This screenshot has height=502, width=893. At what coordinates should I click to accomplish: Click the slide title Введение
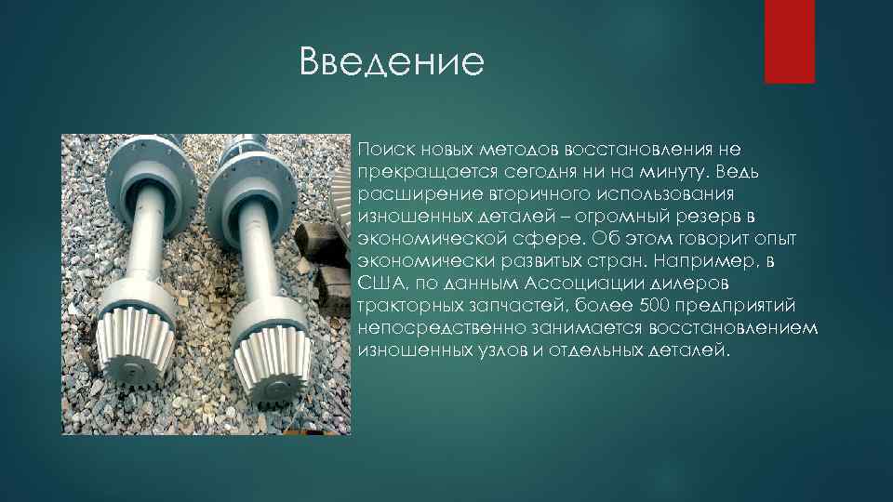[x=393, y=63]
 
